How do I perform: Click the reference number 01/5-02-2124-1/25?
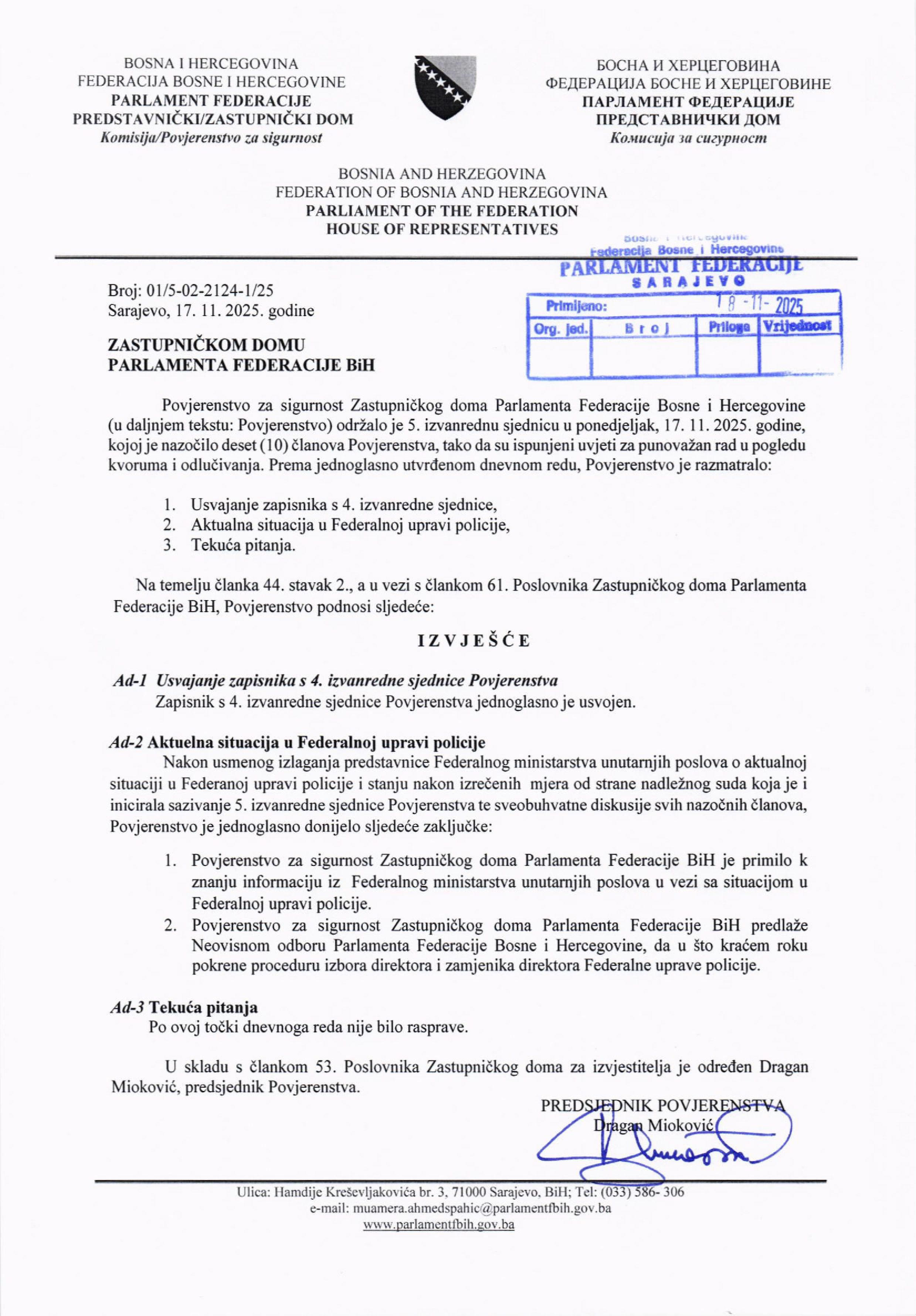click(x=210, y=290)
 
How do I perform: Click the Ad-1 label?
click(x=131, y=680)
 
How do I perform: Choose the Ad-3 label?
click(x=127, y=1007)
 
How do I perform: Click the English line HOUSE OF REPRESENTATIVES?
click(x=442, y=229)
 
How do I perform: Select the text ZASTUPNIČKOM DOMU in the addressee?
click(x=206, y=345)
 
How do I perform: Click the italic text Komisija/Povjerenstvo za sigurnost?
click(x=211, y=137)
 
